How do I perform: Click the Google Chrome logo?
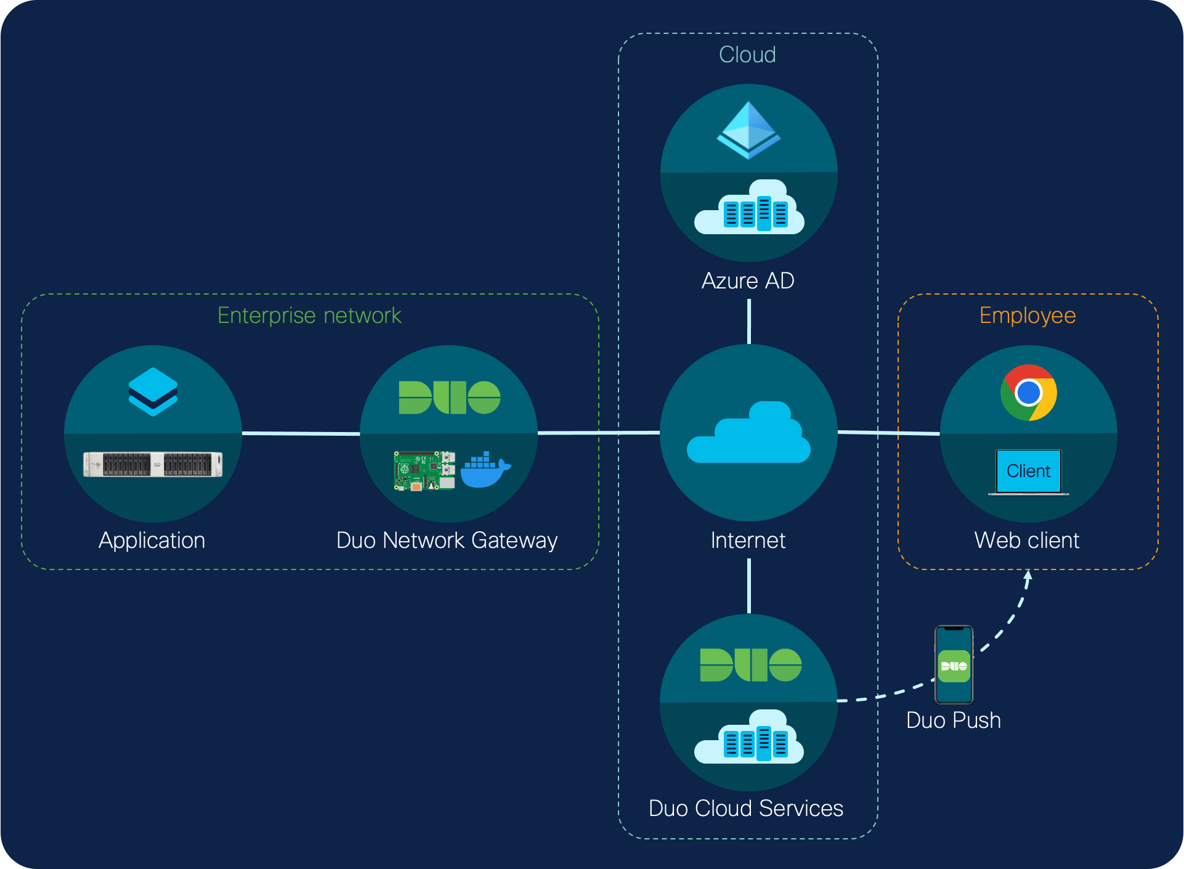point(1028,393)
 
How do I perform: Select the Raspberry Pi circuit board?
point(424,471)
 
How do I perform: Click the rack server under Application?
point(153,464)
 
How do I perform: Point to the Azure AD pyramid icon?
point(748,130)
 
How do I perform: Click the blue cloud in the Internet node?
point(748,433)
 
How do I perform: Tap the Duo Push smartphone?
point(954,664)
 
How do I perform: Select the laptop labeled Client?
point(1028,472)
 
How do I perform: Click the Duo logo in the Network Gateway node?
point(450,398)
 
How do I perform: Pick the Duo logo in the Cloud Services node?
point(750,665)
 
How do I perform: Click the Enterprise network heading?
point(309,316)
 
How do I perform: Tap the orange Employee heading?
point(1028,316)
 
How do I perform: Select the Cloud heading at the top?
point(747,55)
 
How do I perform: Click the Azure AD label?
point(748,281)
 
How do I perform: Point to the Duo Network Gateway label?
point(447,541)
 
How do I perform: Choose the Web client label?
point(1027,541)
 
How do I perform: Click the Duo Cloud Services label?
point(745,808)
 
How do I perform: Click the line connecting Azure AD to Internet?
point(749,321)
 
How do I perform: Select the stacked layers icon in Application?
point(153,392)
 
